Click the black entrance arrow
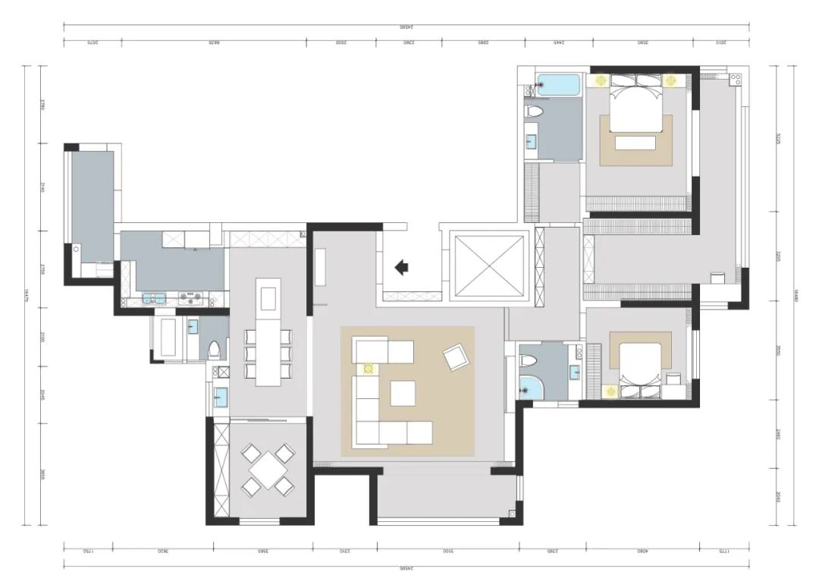402,266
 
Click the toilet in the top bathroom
534,112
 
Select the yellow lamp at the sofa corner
369,369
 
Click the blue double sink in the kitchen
154,299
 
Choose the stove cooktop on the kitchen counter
191,299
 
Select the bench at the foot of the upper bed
635,143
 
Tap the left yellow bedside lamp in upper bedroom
600,80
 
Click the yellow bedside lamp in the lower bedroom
611,391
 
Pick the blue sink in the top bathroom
532,140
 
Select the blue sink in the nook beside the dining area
220,397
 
